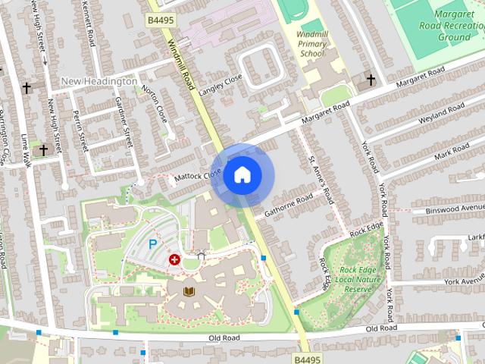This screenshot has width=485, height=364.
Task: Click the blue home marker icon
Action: pos(242,175)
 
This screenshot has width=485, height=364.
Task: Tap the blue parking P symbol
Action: pos(152,244)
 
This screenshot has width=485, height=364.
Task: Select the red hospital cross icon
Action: pos(175,260)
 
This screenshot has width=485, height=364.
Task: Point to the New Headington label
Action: pos(99,81)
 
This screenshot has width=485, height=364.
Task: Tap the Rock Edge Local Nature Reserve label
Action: pos(358,279)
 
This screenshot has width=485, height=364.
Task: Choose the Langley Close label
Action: pos(221,85)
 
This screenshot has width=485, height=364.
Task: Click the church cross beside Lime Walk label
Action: pos(43,149)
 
